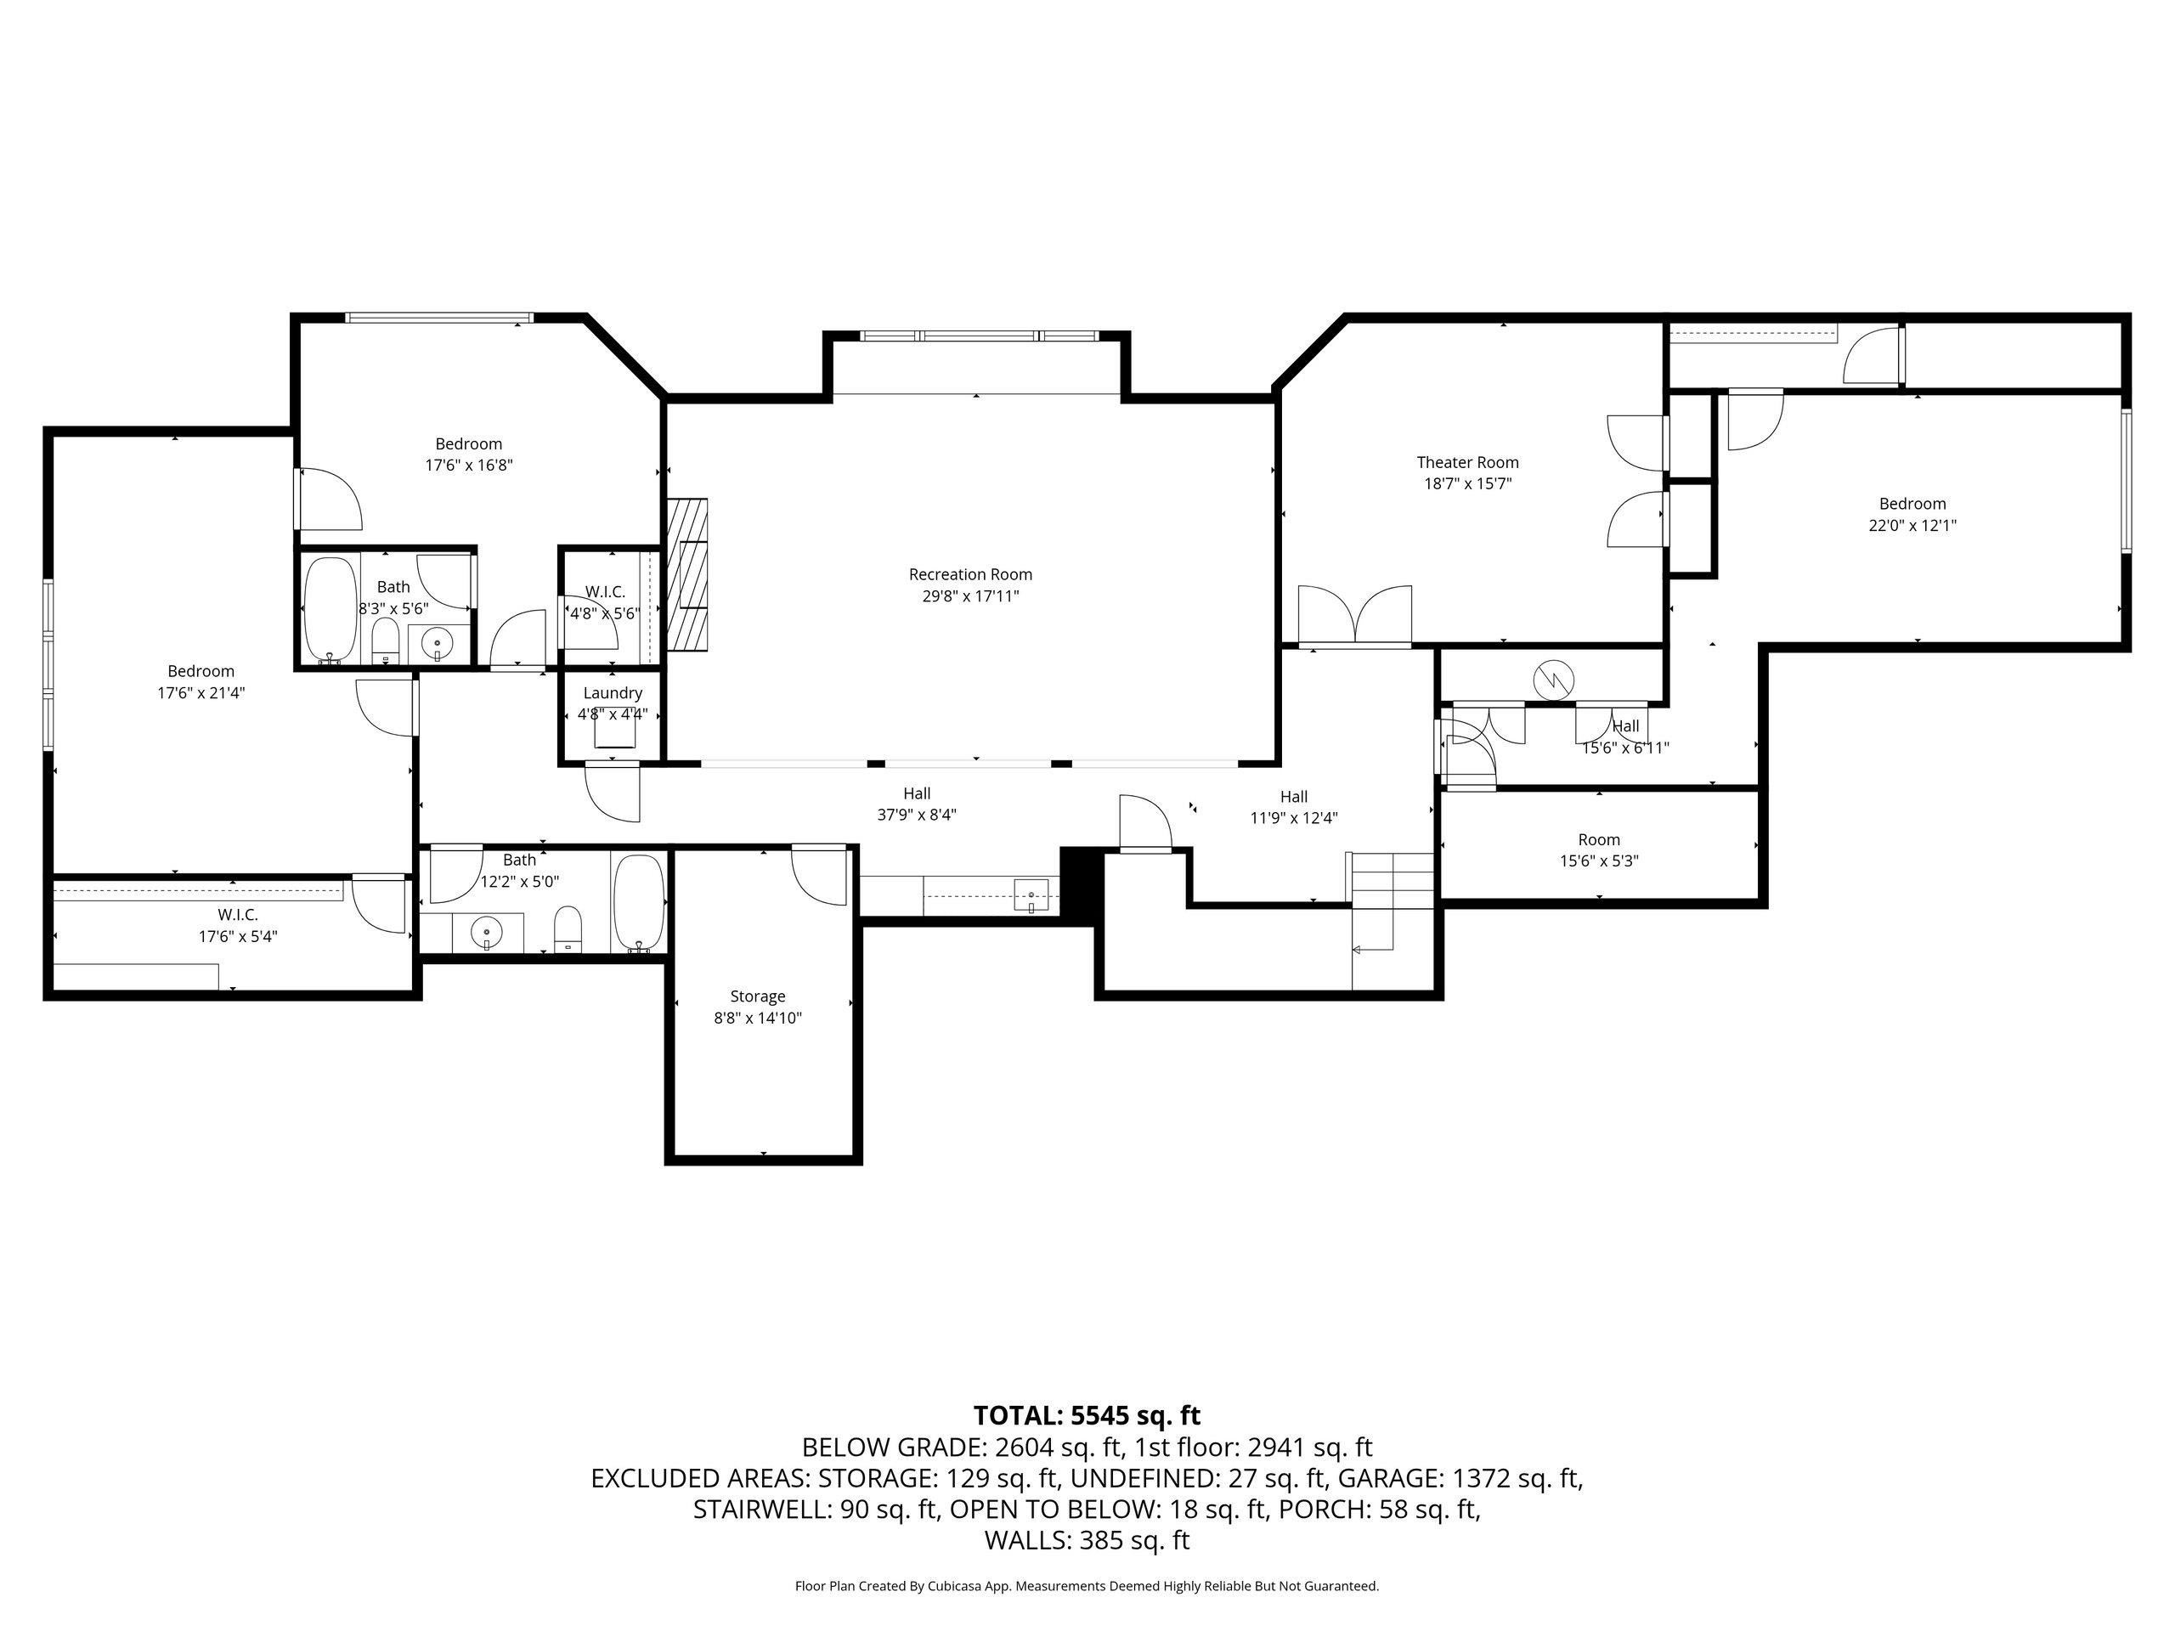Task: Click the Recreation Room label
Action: click(x=969, y=575)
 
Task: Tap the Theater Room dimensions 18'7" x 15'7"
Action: click(x=1467, y=483)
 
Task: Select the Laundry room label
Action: click(x=612, y=693)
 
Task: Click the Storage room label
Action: click(x=757, y=996)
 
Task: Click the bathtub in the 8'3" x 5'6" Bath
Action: click(x=330, y=610)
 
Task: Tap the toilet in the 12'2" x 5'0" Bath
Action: click(x=568, y=929)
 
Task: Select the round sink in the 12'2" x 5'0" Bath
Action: click(x=486, y=931)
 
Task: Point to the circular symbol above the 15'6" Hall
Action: click(x=1554, y=679)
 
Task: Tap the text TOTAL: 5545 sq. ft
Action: click(x=1087, y=1416)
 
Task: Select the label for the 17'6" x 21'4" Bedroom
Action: click(x=201, y=671)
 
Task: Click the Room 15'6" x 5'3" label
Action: click(x=1599, y=839)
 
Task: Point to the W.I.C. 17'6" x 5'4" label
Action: click(x=237, y=915)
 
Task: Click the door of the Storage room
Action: click(x=820, y=874)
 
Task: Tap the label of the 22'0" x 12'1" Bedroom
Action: click(x=1912, y=505)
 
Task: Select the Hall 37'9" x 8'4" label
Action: click(x=917, y=793)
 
